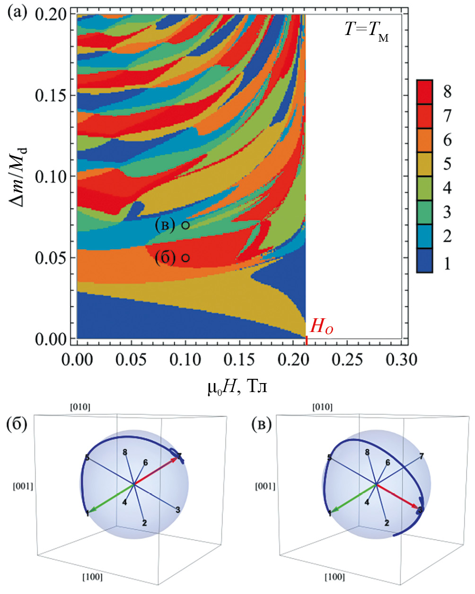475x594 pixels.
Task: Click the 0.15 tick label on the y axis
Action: tap(49, 95)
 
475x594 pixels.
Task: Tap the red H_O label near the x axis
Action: tap(321, 327)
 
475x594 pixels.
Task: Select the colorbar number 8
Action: tap(447, 91)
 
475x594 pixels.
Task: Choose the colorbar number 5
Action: tap(447, 164)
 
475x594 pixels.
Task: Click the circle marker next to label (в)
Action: tap(185, 226)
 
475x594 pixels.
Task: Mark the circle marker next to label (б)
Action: tap(185, 258)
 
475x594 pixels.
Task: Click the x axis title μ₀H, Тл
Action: tap(237, 387)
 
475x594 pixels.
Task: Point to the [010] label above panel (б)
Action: tap(80, 407)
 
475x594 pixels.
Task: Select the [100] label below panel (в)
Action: tap(334, 577)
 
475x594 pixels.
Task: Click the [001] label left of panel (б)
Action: tap(23, 486)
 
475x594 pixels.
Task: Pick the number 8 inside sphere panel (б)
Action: tap(125, 453)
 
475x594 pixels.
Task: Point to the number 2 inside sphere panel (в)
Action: tap(387, 523)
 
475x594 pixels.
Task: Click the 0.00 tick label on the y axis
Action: tap(49, 339)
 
